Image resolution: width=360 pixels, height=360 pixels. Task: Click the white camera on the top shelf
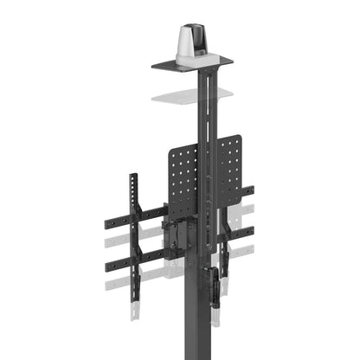click(190, 43)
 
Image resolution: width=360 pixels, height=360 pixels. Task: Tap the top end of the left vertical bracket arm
click(133, 179)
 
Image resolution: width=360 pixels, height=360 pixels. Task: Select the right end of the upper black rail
click(249, 190)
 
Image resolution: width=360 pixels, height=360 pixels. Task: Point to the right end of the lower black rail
click(249, 232)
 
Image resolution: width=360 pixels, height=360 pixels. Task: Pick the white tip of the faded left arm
click(135, 312)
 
